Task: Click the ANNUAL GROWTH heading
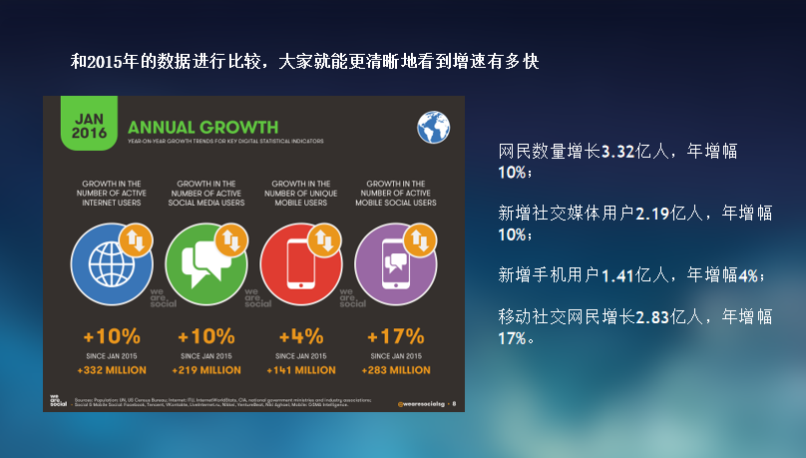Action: (202, 128)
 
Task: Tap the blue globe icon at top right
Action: (433, 128)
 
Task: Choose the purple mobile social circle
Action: (395, 261)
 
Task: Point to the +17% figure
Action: (396, 335)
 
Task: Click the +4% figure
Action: (301, 335)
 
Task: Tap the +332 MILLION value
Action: (111, 370)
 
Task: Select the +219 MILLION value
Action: (207, 370)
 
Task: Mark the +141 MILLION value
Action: (301, 370)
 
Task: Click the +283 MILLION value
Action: (396, 370)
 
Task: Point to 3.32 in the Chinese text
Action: (619, 153)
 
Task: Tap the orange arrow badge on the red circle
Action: (323, 239)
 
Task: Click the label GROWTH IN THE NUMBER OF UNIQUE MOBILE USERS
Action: (301, 193)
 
